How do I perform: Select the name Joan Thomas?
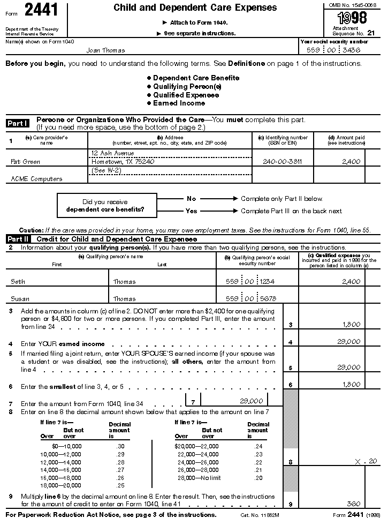(x=106, y=50)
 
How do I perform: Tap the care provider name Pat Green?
(x=25, y=161)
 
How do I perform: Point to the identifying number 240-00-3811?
(x=282, y=161)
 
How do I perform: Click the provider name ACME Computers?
(x=36, y=179)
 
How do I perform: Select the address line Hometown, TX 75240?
(x=123, y=161)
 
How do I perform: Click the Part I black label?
(x=18, y=123)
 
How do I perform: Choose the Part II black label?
(x=19, y=239)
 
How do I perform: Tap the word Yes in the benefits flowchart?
(x=191, y=211)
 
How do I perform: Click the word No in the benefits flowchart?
(x=191, y=199)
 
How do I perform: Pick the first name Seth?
(x=18, y=282)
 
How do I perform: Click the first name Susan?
(x=20, y=299)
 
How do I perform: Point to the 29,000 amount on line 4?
(x=349, y=342)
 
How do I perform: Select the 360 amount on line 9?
(x=353, y=504)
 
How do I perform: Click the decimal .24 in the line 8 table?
(x=259, y=446)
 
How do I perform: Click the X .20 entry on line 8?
(x=366, y=461)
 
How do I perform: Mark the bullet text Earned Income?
(x=179, y=103)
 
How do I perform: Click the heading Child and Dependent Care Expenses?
(x=195, y=8)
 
